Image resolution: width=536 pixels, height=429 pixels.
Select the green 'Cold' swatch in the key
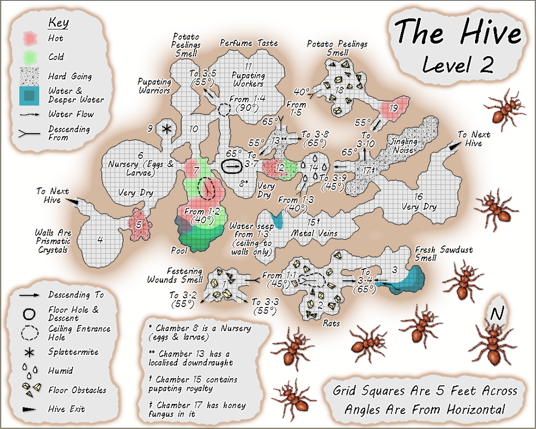30,56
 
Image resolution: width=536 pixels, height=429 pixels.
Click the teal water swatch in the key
30,95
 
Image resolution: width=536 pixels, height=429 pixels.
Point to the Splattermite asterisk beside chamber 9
167,129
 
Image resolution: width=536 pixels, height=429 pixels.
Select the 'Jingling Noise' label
403,146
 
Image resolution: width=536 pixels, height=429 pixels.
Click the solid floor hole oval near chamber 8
232,166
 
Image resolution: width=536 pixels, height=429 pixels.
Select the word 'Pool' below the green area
179,250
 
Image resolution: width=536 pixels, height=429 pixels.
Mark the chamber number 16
418,197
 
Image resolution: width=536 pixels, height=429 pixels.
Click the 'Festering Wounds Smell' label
174,275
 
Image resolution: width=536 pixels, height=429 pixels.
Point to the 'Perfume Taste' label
249,43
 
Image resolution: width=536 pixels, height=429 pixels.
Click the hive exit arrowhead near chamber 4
74,201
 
